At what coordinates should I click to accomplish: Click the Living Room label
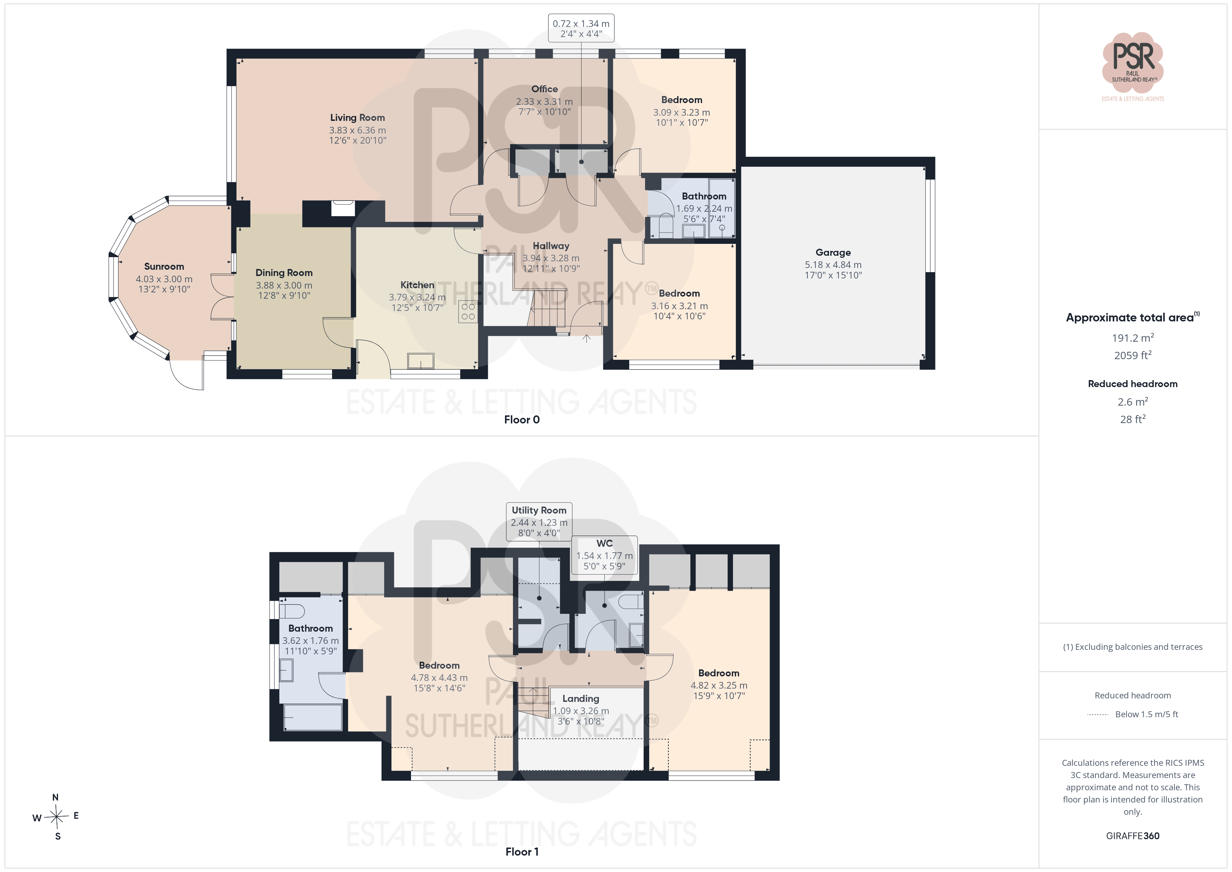[357, 118]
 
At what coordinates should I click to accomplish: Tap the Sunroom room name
[164, 266]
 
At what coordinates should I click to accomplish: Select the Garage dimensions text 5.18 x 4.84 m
[833, 265]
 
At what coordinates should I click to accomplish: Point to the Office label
[545, 89]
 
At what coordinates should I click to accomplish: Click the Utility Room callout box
[539, 521]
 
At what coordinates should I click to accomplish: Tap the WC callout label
[605, 543]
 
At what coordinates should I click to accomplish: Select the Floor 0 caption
[522, 420]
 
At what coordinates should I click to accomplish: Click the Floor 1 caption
[522, 852]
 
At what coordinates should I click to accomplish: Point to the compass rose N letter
[55, 797]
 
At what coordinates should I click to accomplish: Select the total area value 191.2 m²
[1133, 338]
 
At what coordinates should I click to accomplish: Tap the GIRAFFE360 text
[1133, 836]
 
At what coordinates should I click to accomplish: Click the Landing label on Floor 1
[581, 699]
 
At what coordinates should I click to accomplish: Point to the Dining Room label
[284, 273]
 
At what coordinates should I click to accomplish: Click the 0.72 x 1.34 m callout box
[581, 28]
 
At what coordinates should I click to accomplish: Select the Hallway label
[551, 246]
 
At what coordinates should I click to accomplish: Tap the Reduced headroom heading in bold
[1133, 384]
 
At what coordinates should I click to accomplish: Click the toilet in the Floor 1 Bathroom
[292, 611]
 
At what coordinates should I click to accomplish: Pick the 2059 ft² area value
[1133, 355]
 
